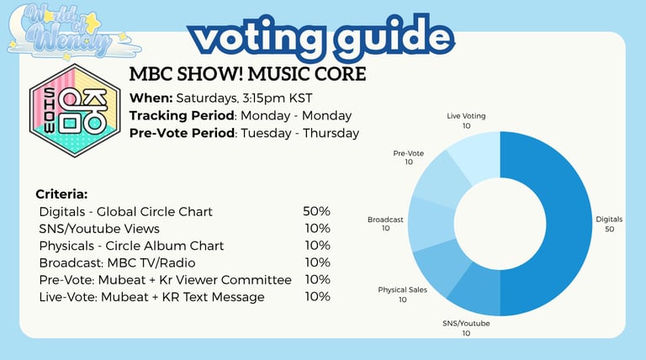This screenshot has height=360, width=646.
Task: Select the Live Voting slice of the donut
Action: (478, 155)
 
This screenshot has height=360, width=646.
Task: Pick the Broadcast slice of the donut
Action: (431, 224)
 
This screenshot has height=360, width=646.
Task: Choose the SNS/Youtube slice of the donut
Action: (478, 294)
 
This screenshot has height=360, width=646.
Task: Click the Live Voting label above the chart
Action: (466, 116)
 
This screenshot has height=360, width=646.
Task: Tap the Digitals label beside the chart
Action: (609, 220)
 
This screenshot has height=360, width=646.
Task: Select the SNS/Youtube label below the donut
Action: (466, 323)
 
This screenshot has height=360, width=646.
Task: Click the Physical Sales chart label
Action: (403, 290)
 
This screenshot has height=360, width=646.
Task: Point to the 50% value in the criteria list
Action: (316, 211)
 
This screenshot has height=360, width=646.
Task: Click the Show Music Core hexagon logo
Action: (75, 110)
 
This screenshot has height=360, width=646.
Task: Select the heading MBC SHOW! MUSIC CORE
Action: (247, 74)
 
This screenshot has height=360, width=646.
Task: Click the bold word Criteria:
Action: (61, 194)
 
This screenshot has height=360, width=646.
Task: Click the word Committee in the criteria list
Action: (257, 280)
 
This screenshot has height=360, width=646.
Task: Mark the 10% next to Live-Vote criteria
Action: (318, 297)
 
